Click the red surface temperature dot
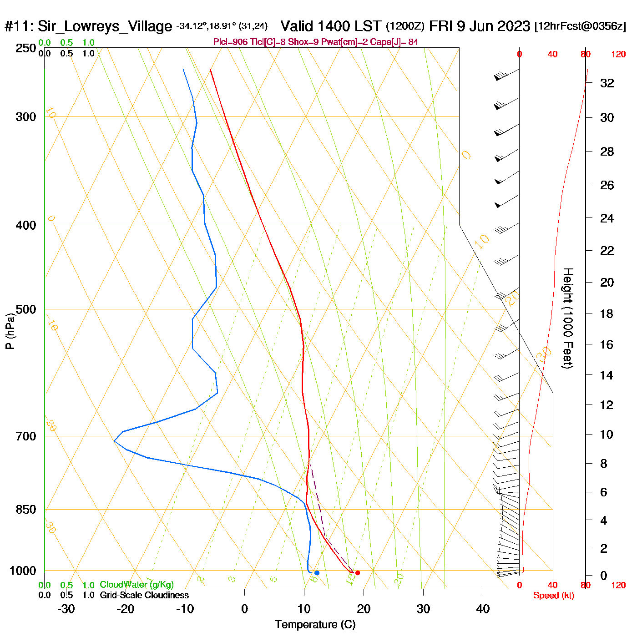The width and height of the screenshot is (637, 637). (358, 573)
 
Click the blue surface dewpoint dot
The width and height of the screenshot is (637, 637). (317, 573)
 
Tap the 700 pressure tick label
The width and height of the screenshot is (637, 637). (26, 436)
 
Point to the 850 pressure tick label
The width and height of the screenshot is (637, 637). (26, 510)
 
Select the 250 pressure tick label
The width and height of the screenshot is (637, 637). (26, 48)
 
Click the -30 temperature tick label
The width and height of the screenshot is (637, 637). (66, 609)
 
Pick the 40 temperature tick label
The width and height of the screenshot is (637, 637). (483, 609)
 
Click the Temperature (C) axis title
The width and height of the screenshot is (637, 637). (315, 625)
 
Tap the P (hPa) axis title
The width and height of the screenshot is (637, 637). (10, 331)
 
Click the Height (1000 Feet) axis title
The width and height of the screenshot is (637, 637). (568, 318)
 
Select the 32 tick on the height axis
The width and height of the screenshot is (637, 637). (607, 83)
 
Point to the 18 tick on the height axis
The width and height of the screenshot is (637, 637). (607, 313)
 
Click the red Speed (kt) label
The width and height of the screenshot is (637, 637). (554, 596)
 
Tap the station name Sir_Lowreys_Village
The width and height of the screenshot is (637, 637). (105, 26)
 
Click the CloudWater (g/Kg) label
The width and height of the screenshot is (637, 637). (136, 585)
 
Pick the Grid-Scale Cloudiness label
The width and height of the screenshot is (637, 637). (144, 595)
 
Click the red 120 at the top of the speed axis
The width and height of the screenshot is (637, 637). (618, 55)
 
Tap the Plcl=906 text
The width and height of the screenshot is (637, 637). (231, 42)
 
